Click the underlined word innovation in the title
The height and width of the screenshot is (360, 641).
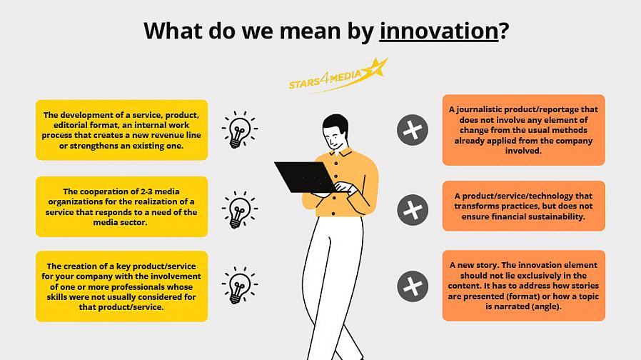coord(439,31)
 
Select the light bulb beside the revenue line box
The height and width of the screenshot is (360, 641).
coord(240,130)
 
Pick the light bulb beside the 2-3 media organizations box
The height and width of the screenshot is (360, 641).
coord(240,209)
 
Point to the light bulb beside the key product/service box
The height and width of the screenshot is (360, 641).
coord(240,285)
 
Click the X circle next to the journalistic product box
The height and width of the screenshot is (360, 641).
coord(413,130)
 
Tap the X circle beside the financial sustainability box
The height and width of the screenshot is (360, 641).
coord(413,210)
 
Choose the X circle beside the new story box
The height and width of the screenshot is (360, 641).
coord(413,286)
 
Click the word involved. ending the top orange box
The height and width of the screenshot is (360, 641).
coord(523,151)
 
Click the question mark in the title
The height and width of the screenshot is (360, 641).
coord(504,31)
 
